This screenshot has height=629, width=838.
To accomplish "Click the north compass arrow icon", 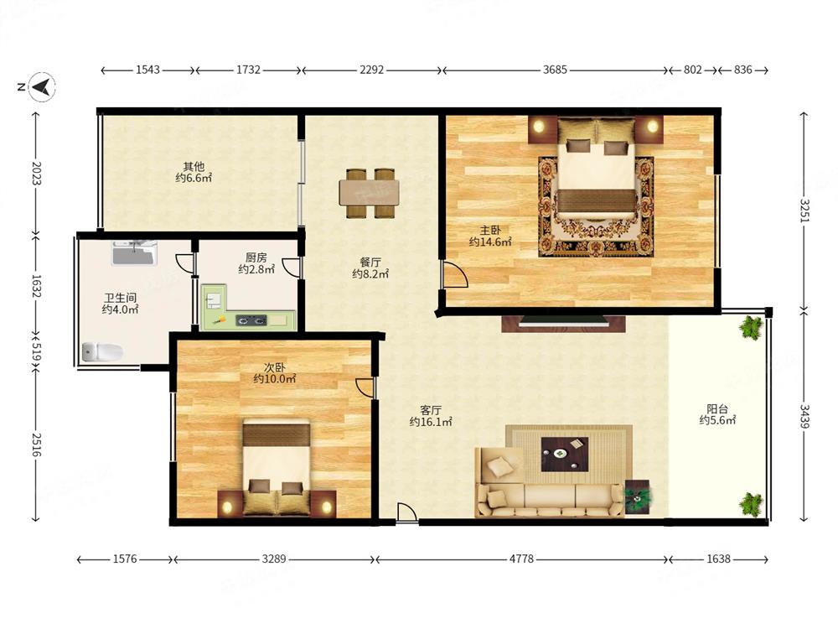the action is point(42,86).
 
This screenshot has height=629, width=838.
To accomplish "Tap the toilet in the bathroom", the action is point(102,351).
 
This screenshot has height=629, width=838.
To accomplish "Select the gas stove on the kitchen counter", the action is point(251,321).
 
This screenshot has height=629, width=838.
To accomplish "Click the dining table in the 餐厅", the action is point(370,193).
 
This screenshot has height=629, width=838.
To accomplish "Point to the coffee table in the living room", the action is point(564,454).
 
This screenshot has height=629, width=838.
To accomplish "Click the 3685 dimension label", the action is point(555,70).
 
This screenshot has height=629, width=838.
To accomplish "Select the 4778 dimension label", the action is point(521,559).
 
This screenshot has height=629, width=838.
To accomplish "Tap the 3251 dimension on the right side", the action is point(804,211).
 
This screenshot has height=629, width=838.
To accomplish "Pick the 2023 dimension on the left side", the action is point(36,174).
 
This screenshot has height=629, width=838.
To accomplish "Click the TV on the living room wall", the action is point(563,322).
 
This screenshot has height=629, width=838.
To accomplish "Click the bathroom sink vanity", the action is point(134,253).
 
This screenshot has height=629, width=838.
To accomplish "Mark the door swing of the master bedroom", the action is point(453,275).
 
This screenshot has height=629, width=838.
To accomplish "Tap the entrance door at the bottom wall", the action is point(406,512).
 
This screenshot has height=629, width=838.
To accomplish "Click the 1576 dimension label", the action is point(125,559).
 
